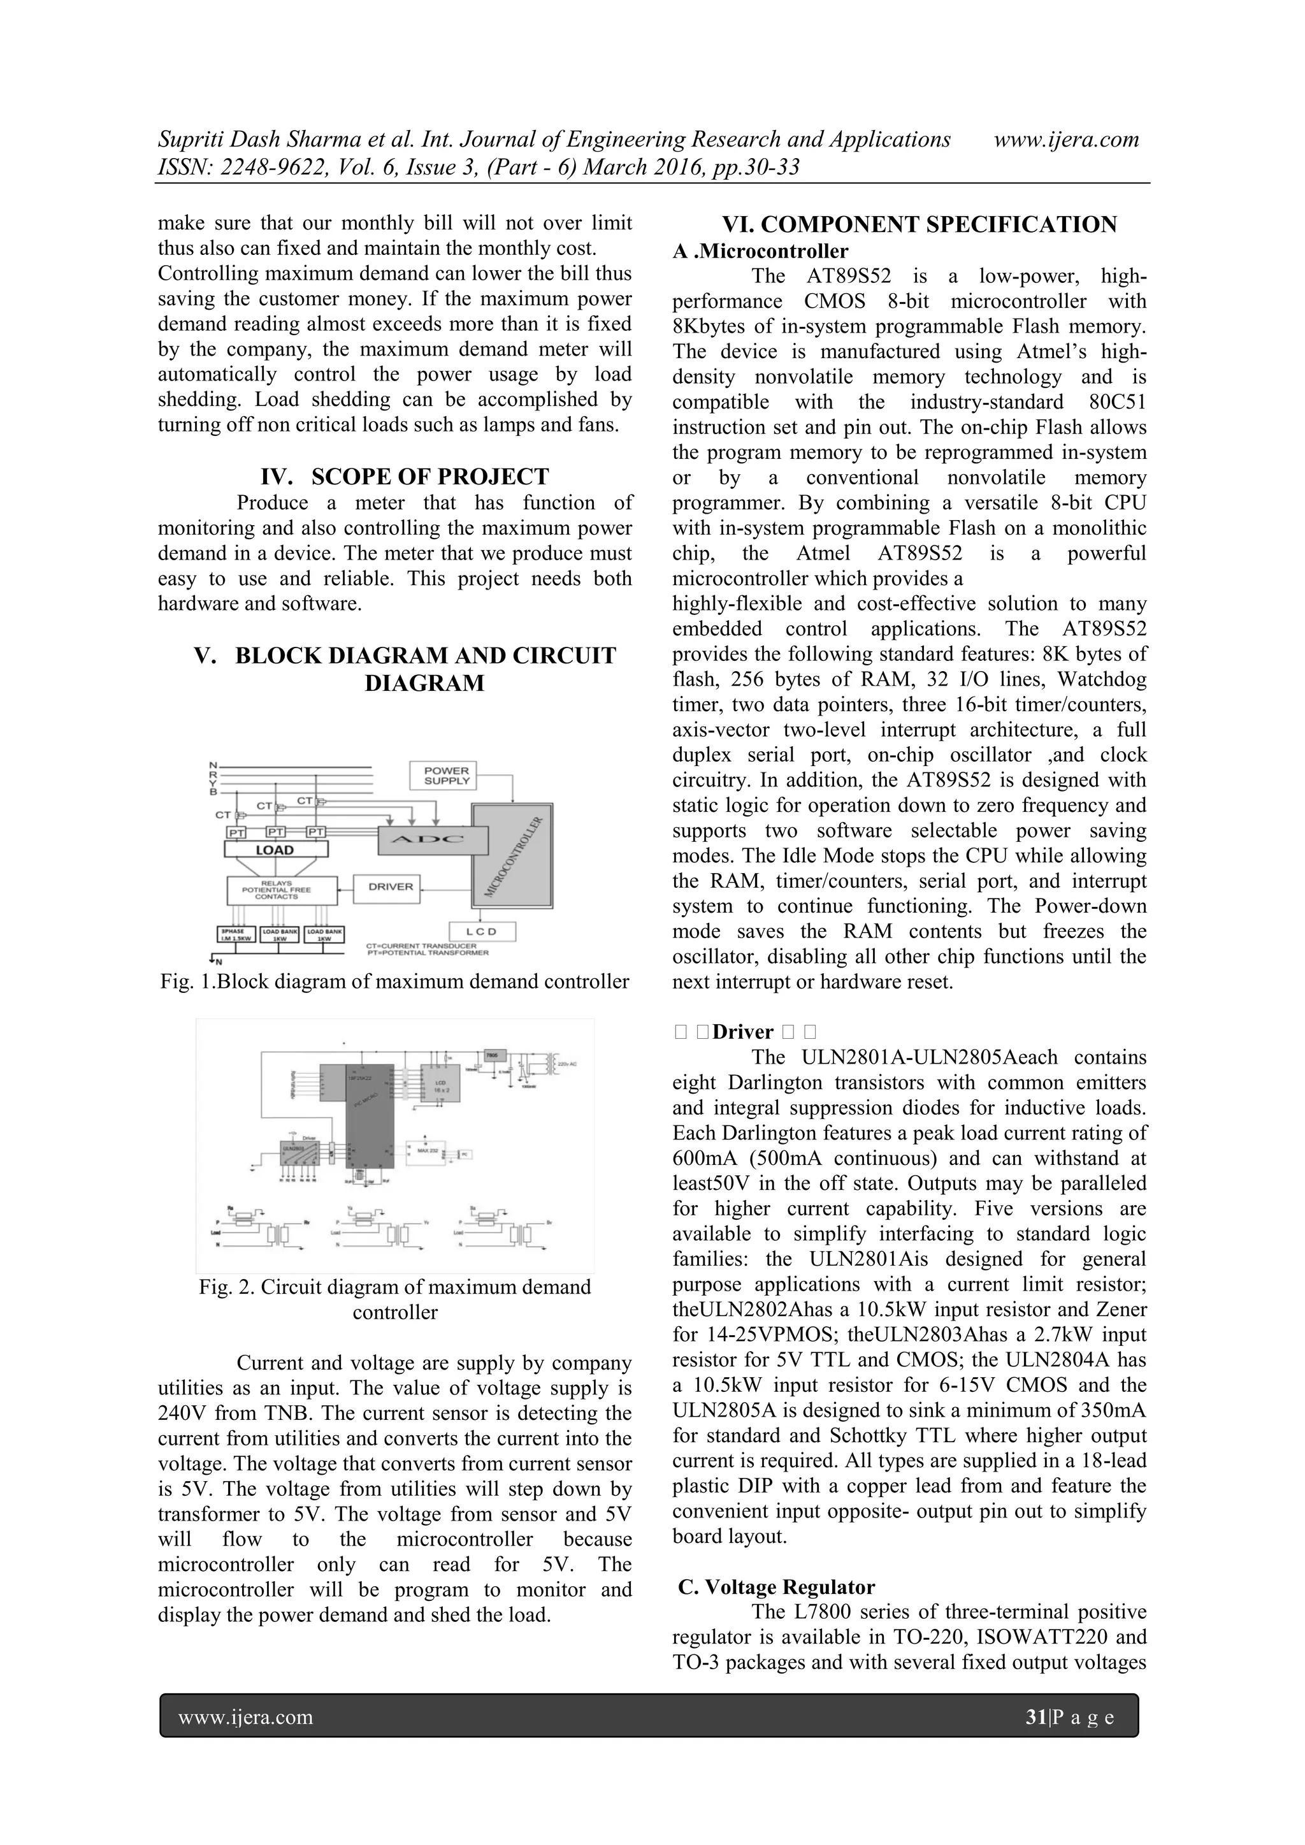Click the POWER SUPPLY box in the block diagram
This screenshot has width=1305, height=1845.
(446, 776)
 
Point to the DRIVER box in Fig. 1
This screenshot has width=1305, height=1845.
(391, 887)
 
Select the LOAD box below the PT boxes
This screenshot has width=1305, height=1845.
(276, 850)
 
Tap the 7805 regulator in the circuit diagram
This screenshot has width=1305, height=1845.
(491, 1055)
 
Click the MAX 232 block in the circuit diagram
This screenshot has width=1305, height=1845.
(426, 1151)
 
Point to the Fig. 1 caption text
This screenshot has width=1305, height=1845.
(394, 981)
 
